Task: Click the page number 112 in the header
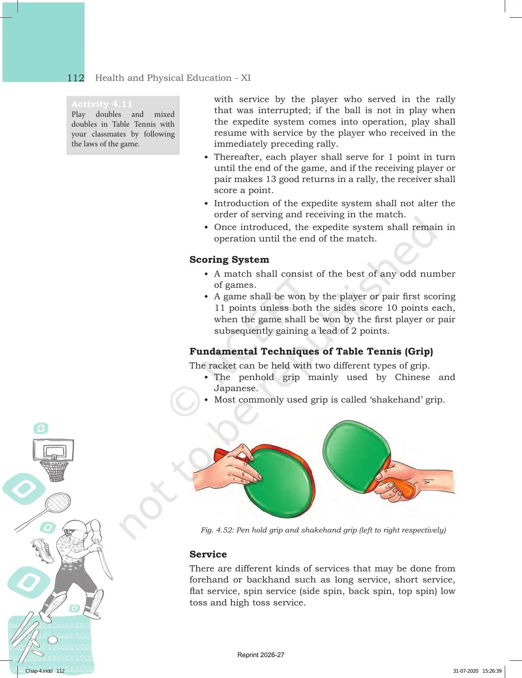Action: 76,78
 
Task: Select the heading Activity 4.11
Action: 102,104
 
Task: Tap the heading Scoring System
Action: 229,259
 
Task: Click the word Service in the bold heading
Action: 208,554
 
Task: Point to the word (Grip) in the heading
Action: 419,351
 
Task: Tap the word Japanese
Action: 236,389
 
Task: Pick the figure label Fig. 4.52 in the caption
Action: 217,530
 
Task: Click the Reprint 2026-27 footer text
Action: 261,655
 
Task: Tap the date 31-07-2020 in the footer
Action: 465,671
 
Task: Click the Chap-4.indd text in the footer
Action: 39,671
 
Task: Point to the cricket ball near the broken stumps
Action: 53,640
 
